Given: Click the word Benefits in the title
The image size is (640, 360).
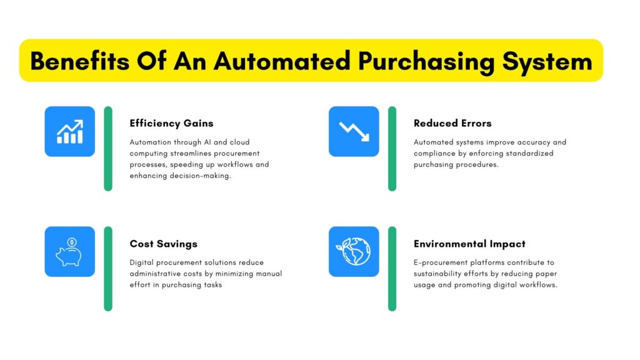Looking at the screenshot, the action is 80,61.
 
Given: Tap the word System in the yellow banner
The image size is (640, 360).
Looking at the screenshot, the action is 547,62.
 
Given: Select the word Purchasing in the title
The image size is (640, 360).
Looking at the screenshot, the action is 426,62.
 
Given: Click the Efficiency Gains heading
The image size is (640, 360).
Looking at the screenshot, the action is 171,124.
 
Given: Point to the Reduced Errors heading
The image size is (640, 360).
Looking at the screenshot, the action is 452,123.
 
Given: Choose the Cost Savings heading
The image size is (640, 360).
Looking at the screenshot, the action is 164,244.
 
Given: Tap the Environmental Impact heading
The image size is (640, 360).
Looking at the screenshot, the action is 470,244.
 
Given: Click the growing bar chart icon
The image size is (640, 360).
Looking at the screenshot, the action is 70,131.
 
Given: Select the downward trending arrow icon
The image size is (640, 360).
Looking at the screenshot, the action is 354,131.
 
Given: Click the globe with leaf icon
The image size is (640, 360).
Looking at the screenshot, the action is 354,252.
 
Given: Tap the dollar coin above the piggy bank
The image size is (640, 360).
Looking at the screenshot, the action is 72,242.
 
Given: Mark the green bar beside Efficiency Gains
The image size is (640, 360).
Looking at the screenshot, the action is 108,149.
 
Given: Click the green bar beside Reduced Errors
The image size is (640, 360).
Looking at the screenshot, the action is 392,149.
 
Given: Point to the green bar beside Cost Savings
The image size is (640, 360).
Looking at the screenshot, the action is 108,269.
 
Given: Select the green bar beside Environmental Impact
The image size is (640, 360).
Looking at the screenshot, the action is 392,269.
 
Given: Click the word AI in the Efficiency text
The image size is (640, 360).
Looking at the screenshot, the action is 207,142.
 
